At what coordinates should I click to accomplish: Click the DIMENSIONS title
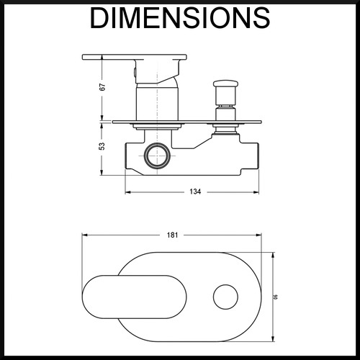(x=180, y=18)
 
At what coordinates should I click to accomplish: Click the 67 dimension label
(x=102, y=87)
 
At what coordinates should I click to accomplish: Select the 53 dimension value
(x=102, y=146)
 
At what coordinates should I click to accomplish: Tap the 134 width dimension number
(x=195, y=192)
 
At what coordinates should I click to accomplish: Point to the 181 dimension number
(x=173, y=235)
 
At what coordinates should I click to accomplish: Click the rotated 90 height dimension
(x=276, y=297)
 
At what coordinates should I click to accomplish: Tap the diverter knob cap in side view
(x=225, y=84)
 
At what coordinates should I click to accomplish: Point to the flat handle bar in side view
(x=135, y=57)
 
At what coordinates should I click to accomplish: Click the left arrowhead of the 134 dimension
(x=127, y=192)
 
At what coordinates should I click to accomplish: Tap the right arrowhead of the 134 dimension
(x=256, y=192)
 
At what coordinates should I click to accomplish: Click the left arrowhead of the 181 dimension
(x=84, y=235)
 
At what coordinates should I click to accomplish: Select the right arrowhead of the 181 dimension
(x=259, y=235)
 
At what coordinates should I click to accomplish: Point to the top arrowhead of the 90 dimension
(x=273, y=255)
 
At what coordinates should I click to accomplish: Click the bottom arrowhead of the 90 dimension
(x=273, y=338)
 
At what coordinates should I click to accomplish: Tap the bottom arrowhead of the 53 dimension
(x=102, y=173)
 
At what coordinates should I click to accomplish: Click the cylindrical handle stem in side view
(x=158, y=104)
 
